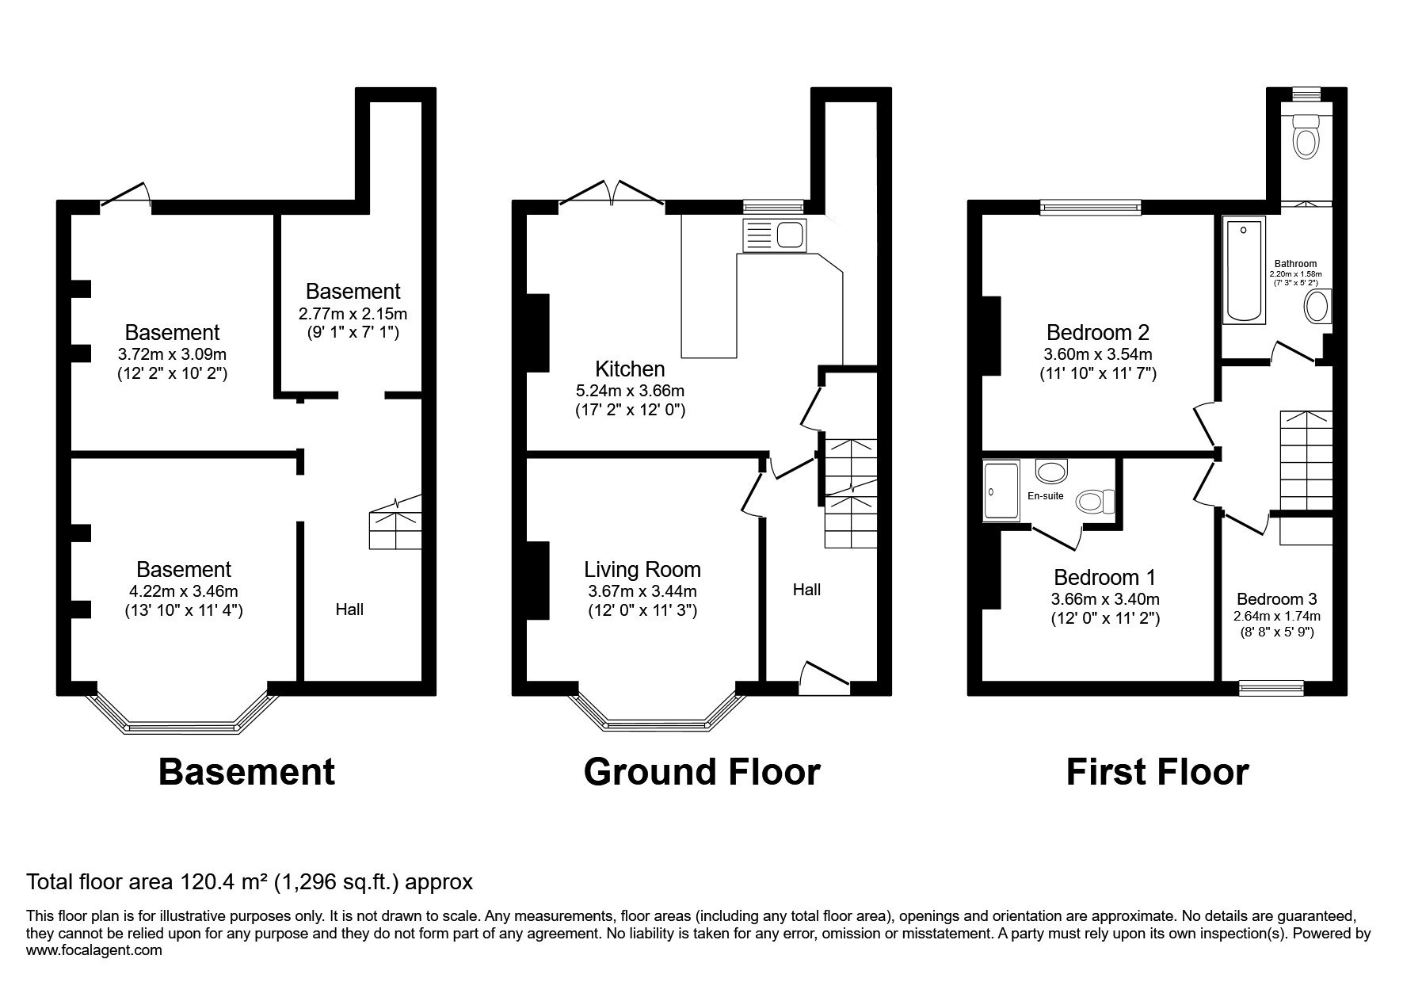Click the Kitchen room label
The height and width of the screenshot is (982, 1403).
(630, 369)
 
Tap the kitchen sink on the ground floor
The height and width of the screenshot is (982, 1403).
(774, 235)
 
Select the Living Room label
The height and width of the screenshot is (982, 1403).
(642, 569)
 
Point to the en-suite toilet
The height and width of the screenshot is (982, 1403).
(1095, 501)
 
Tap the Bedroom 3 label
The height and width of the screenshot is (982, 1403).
(1277, 599)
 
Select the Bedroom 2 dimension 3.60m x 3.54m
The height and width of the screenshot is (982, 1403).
(1099, 354)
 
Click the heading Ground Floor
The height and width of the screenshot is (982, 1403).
(702, 771)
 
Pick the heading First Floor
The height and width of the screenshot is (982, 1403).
(1157, 771)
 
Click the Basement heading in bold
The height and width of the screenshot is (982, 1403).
(246, 771)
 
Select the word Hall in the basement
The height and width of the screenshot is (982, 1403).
(349, 609)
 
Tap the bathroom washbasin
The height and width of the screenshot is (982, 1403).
(1317, 306)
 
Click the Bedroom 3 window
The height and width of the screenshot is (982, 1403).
(1271, 687)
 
